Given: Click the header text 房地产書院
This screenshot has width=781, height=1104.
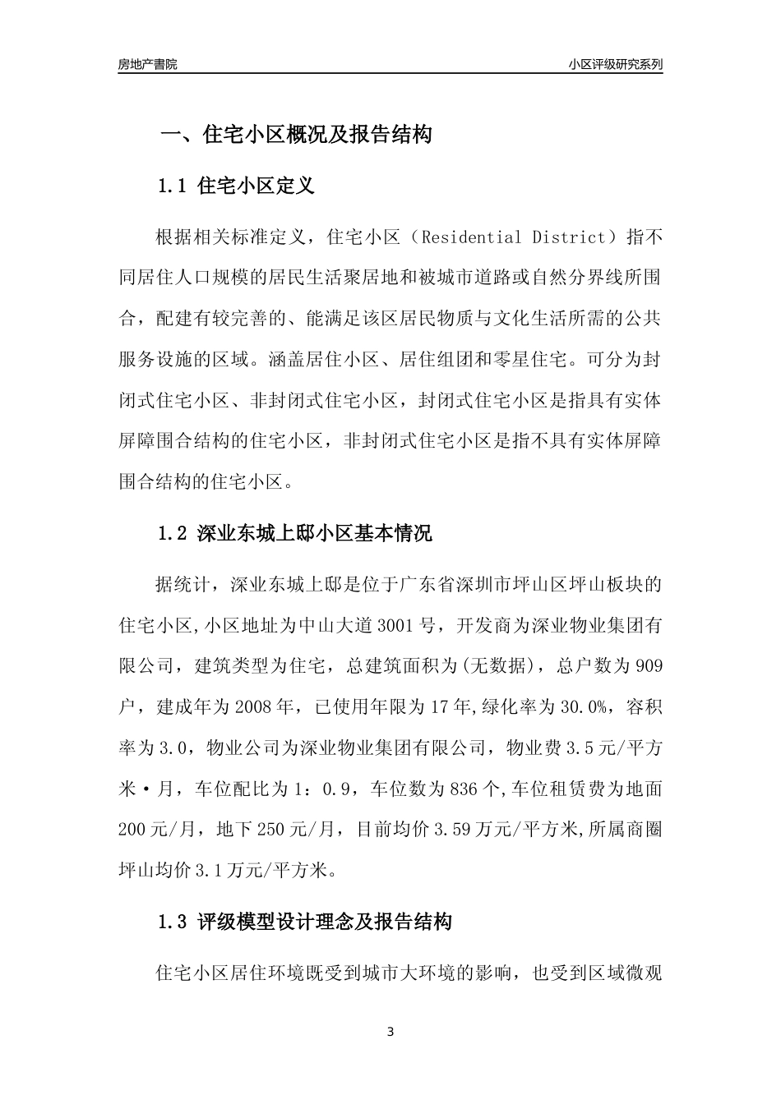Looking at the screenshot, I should point(147,64).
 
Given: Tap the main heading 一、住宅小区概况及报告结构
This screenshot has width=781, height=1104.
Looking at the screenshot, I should point(295,136).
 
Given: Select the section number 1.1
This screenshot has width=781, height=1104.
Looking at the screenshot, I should point(173,186).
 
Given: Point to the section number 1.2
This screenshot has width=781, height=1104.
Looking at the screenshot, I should point(173,533).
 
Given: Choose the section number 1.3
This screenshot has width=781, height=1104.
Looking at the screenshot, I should point(173,922).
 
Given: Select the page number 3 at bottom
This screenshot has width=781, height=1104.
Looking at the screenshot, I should point(390,1032).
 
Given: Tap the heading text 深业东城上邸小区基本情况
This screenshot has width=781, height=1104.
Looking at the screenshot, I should point(315,533).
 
